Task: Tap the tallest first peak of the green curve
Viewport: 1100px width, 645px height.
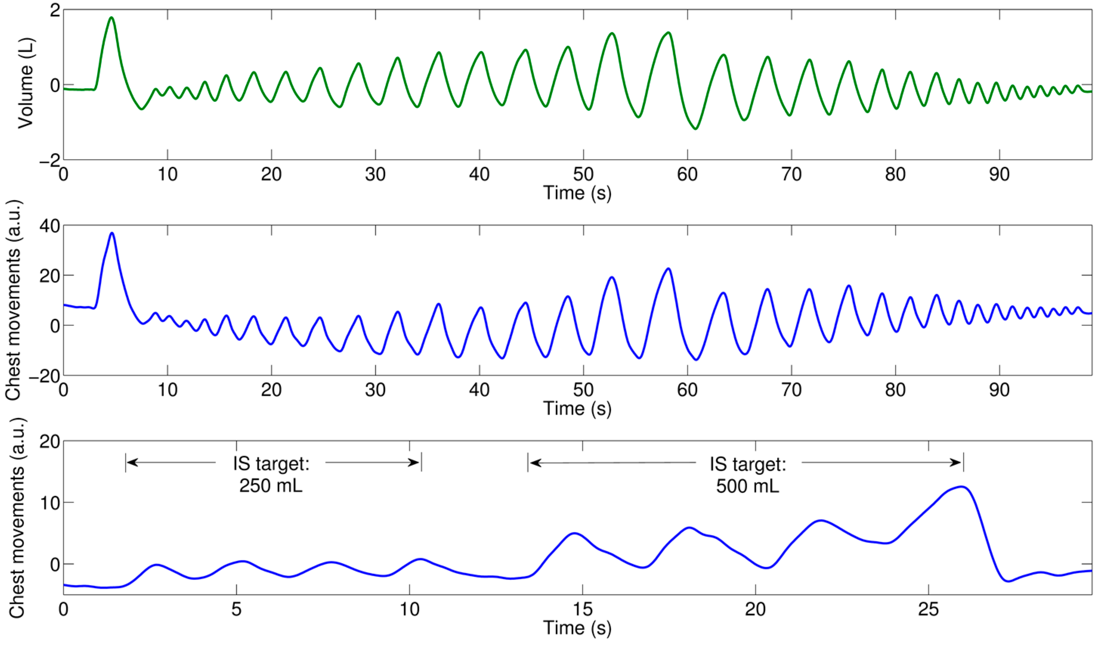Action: [x=111, y=18]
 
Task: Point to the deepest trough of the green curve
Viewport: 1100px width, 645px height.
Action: [x=695, y=129]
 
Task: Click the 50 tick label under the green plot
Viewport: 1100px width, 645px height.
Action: [x=583, y=174]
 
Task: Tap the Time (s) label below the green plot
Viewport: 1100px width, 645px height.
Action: [x=577, y=193]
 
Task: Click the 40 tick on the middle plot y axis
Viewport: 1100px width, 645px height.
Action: [x=49, y=226]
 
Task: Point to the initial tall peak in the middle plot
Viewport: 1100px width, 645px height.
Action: [x=112, y=233]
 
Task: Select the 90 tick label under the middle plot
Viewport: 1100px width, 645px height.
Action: [x=999, y=390]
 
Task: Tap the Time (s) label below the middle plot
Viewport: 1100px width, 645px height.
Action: [x=577, y=408]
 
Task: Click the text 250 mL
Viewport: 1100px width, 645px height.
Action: [x=270, y=485]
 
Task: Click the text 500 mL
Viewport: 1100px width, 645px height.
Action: [x=747, y=486]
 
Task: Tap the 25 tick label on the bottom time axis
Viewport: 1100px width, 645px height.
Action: [x=928, y=609]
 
